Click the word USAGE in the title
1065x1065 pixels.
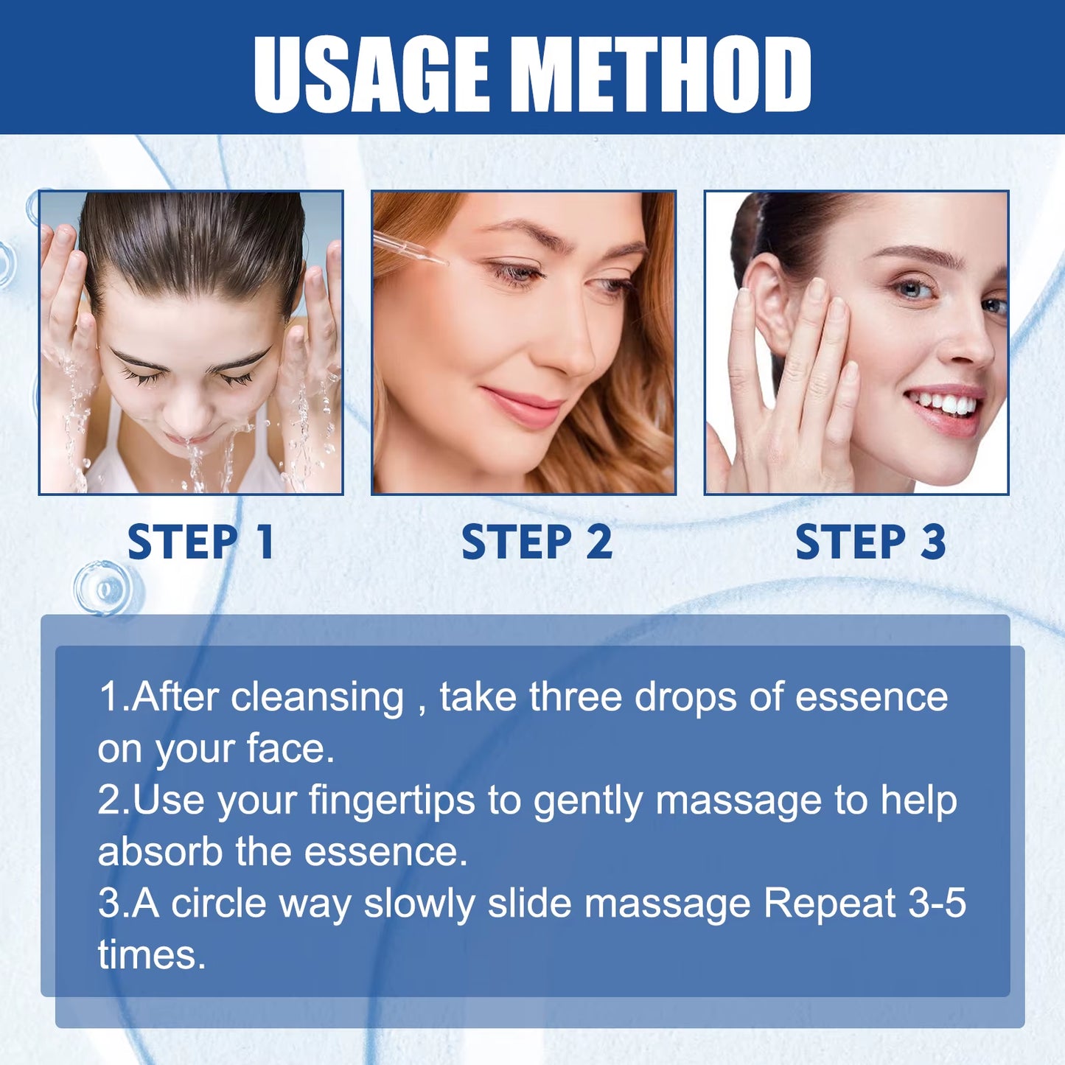coord(371,74)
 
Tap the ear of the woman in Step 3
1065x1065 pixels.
coord(767,302)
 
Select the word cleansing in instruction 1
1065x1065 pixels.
coord(317,697)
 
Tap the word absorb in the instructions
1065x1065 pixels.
coord(160,852)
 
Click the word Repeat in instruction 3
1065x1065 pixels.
coord(829,904)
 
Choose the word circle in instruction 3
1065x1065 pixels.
coord(218,904)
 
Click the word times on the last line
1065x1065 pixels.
coord(151,955)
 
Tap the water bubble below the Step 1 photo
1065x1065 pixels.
coord(104,588)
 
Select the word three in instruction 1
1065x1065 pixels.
coord(575,697)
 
